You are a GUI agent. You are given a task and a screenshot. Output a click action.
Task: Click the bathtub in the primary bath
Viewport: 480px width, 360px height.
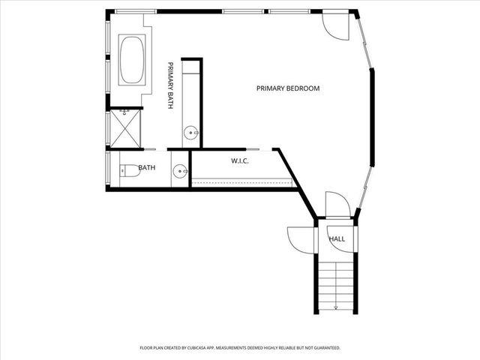133,59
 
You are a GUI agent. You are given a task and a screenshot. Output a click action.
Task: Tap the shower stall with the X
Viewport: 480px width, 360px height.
125,128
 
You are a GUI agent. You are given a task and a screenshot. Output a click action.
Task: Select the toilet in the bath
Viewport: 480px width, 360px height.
129,171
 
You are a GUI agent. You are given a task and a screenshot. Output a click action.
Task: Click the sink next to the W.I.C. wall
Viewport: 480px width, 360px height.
180,172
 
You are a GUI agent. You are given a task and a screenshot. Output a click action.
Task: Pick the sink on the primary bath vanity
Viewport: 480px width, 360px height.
192,133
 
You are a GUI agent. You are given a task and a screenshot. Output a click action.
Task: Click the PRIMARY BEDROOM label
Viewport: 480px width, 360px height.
288,88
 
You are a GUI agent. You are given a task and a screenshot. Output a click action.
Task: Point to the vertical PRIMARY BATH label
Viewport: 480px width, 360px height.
170,85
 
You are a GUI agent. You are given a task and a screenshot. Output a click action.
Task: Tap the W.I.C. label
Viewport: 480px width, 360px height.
240,161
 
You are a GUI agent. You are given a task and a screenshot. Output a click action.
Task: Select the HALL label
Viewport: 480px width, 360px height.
337,239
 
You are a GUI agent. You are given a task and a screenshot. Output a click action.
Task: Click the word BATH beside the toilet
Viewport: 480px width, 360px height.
146,168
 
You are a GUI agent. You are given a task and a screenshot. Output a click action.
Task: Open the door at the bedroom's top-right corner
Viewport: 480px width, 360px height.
335,26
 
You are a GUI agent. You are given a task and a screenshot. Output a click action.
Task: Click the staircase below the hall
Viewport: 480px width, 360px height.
336,281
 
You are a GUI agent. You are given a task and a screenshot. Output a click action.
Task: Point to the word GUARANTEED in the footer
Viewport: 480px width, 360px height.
323,348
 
